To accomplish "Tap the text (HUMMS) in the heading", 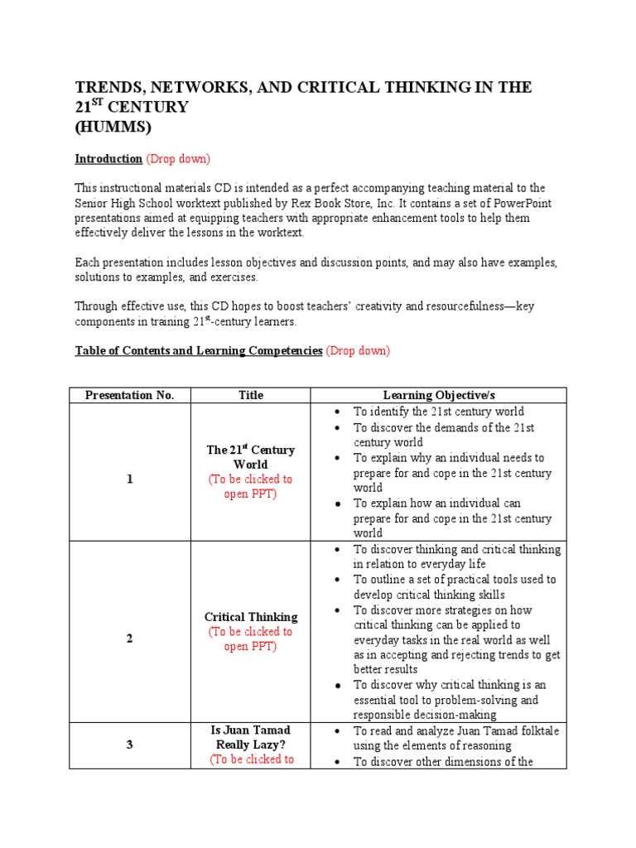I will click(114, 127).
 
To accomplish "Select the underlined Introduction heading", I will click(108, 158).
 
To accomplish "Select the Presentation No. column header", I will click(130, 395).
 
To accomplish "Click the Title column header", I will click(251, 395).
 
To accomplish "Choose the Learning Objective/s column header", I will click(436, 395).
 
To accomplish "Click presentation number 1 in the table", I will click(130, 479).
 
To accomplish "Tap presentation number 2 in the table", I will click(130, 638).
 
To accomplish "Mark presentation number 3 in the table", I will click(130, 744).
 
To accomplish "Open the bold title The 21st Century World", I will click(251, 457).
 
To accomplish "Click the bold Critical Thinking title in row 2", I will click(251, 617).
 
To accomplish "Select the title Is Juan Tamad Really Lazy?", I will click(251, 737).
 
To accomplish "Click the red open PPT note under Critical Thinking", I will click(251, 638).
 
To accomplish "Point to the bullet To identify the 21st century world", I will click(438, 412).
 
